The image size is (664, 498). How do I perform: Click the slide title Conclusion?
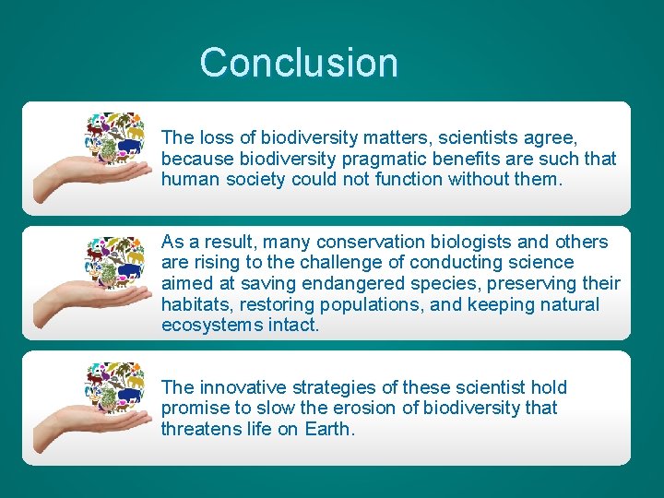pos(299,63)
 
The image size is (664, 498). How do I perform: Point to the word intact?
pos(292,326)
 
